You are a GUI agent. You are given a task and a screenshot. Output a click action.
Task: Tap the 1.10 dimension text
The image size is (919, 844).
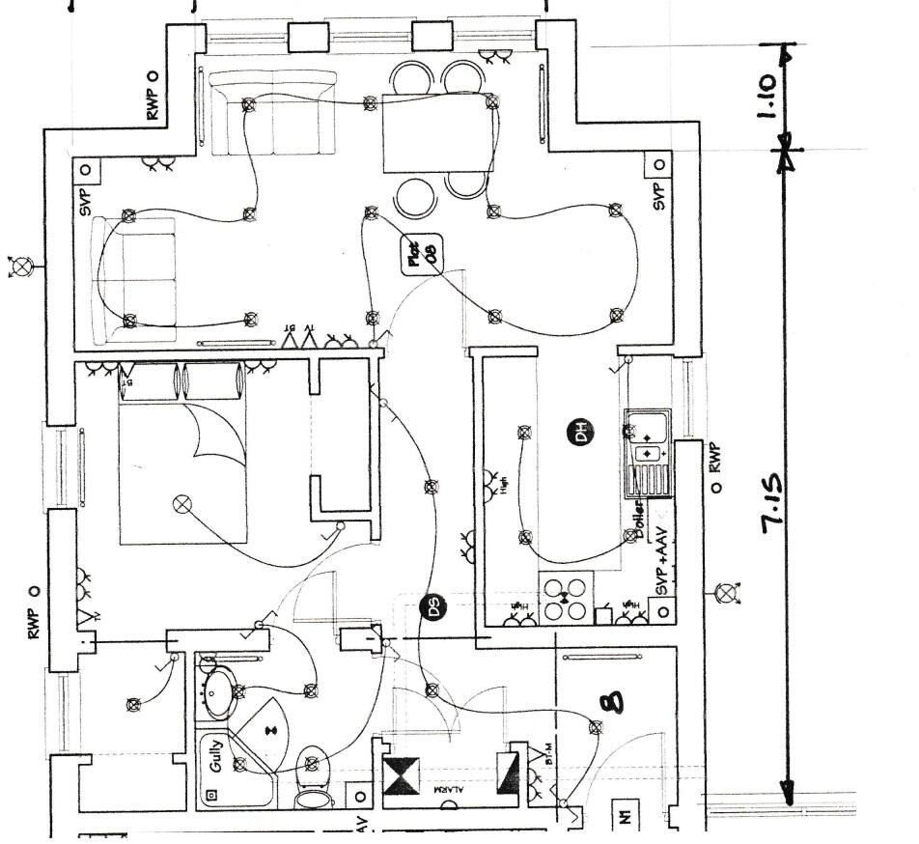[x=767, y=98]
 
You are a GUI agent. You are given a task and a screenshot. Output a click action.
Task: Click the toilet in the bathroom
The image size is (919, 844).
[x=311, y=775]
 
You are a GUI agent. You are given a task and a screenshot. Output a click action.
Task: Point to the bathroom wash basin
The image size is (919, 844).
[x=217, y=691]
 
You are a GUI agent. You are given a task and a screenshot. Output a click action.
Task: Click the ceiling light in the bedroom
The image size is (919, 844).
[x=181, y=503]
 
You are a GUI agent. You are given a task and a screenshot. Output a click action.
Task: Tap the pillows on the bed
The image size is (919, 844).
[x=183, y=381]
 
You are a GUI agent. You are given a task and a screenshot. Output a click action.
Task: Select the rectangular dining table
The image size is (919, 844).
[x=432, y=132]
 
